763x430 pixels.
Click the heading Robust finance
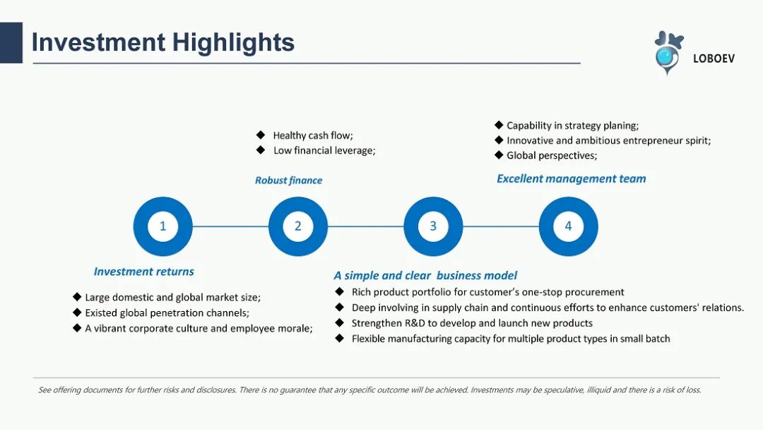click(288, 180)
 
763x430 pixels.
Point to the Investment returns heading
click(144, 272)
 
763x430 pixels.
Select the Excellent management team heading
click(572, 179)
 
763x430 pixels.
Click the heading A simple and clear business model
click(425, 276)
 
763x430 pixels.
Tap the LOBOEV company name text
click(714, 59)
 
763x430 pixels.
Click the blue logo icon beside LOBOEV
click(668, 52)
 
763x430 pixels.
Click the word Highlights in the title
click(233, 42)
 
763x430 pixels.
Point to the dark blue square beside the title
click(11, 43)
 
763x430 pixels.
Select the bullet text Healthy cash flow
click(313, 135)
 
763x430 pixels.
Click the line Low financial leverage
click(324, 151)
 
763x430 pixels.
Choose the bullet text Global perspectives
click(552, 156)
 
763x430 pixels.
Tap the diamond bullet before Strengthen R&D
click(340, 323)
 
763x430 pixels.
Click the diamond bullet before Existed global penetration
click(77, 312)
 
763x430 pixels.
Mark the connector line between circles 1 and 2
click(230, 226)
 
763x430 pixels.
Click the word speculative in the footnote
click(562, 390)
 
